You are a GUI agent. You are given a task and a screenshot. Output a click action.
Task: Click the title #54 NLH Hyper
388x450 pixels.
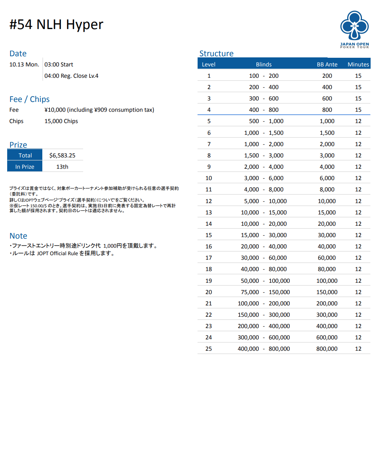pos(56,25)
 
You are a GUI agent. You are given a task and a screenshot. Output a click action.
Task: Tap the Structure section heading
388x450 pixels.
pos(216,54)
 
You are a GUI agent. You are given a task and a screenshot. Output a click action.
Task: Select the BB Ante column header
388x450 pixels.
pos(327,64)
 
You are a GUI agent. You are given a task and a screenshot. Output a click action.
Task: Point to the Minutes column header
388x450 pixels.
pos(358,64)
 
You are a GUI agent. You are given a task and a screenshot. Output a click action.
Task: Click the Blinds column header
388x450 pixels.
pos(264,64)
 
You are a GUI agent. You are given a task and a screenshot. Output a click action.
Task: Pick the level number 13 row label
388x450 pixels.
pos(209,213)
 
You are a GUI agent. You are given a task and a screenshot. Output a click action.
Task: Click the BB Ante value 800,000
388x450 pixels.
pos(327,349)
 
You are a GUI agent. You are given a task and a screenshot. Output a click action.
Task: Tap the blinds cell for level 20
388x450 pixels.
pos(264,292)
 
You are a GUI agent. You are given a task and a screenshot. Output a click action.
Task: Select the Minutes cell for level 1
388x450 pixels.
pos(358,76)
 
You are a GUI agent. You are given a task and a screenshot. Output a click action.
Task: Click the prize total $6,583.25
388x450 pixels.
pos(62,156)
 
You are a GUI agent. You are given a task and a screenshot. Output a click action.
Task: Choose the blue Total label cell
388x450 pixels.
pos(25,156)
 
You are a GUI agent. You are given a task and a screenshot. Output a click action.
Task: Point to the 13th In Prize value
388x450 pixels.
pos(62,167)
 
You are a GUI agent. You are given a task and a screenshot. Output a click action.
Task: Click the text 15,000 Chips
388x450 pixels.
pos(61,121)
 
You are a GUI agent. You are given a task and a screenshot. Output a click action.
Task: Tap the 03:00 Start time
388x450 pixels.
pos(59,65)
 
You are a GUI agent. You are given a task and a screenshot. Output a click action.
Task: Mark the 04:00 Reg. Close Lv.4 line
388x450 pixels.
pos(71,76)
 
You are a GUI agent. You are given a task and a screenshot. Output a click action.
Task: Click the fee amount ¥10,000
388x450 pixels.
pos(55,110)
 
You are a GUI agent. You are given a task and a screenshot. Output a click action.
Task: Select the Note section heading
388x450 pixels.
pos(18,236)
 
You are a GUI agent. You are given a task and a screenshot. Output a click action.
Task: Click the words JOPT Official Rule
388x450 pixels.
pos(57,254)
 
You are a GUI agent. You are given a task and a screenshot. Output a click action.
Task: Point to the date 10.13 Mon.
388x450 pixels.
pos(24,65)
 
